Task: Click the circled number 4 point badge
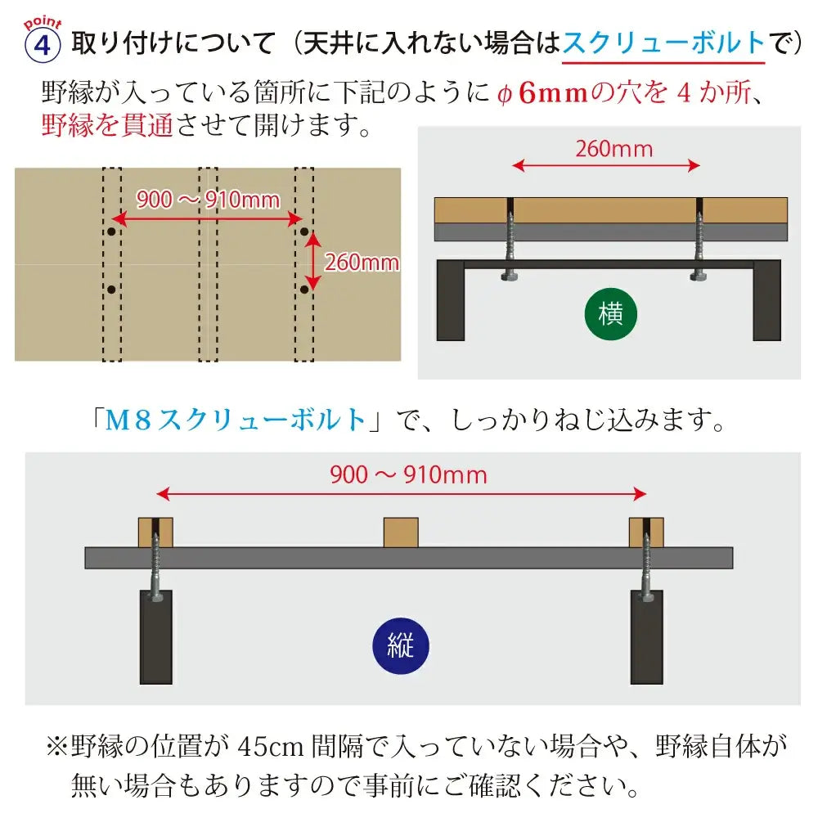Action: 43,45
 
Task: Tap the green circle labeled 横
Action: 610,314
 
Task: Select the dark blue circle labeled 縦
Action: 401,645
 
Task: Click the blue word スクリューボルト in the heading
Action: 663,43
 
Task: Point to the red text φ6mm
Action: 542,93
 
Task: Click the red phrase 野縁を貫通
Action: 107,125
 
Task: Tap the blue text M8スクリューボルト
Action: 236,420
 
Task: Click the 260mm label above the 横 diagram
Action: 614,149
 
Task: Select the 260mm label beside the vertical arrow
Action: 362,263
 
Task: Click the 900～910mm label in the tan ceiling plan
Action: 208,200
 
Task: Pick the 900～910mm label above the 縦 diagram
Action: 408,475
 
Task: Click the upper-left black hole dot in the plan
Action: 111,231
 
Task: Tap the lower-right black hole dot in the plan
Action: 304,289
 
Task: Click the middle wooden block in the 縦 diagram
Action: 401,533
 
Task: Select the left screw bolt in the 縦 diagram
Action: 155,565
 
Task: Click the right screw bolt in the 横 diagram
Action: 699,244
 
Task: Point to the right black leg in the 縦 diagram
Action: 646,637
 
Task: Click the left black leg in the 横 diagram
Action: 450,300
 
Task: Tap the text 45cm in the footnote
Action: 270,747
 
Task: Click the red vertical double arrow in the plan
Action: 312,260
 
